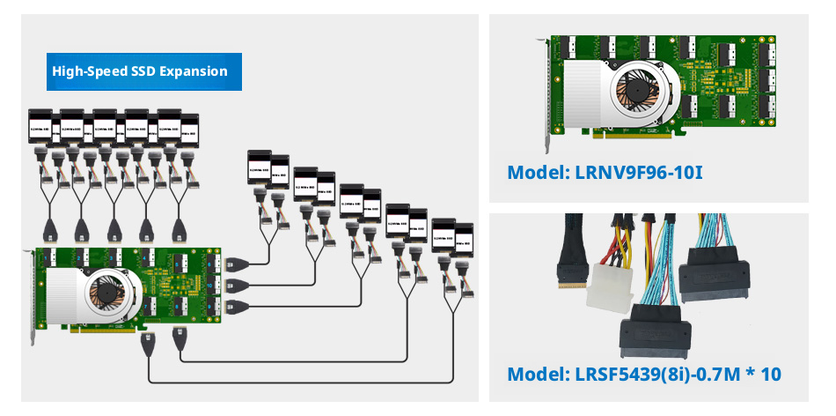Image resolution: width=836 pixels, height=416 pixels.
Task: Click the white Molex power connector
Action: (610, 286)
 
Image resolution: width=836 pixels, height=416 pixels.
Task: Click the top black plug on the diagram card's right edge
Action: (232, 263)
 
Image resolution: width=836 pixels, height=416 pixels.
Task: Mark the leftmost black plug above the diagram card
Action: (49, 232)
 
